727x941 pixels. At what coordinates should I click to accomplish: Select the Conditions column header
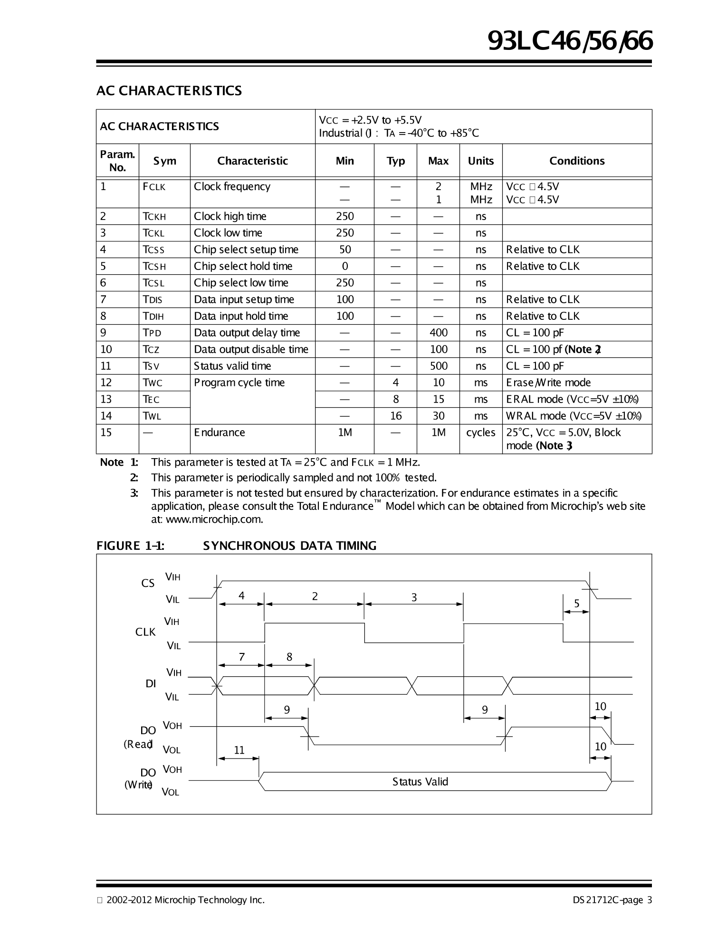577,161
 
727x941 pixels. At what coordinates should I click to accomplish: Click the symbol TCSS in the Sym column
153,250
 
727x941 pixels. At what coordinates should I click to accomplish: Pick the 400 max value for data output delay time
438,333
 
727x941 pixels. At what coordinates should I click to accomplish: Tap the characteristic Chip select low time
241,283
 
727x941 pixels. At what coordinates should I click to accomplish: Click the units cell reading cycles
480,432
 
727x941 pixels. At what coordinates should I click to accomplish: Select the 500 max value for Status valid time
438,366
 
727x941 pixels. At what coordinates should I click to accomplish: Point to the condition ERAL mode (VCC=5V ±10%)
572,399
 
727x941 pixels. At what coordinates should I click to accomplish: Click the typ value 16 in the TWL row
395,416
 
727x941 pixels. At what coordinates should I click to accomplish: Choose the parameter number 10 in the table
106,349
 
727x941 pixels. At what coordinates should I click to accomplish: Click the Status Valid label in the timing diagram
420,782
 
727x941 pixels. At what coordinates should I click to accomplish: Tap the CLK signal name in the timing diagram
145,632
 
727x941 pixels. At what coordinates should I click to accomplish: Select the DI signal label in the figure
151,684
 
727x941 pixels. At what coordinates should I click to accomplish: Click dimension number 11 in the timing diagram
239,750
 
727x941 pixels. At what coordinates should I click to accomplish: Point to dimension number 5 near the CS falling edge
576,604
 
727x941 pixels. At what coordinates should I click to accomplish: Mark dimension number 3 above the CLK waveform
414,597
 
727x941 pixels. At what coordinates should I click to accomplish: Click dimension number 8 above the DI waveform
289,657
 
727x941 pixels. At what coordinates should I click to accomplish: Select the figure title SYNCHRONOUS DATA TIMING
289,546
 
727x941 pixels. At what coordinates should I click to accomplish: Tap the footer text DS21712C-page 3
612,900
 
